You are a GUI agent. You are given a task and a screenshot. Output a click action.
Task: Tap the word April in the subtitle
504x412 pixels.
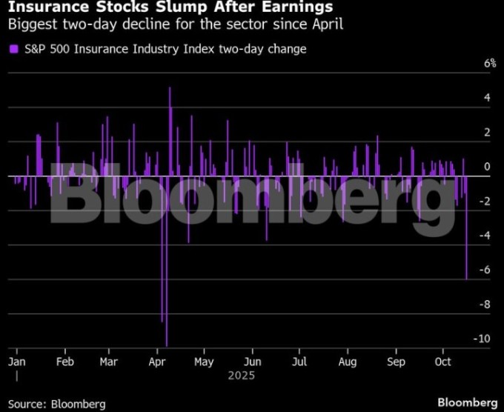click(x=326, y=24)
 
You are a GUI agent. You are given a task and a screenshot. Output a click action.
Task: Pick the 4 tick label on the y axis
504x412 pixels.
click(x=487, y=98)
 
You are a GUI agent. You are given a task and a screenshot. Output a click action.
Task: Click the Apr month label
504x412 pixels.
click(x=157, y=362)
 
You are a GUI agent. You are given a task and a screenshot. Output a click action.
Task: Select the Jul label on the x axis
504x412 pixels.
click(x=299, y=362)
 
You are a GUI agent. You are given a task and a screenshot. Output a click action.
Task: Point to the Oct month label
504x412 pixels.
click(x=442, y=362)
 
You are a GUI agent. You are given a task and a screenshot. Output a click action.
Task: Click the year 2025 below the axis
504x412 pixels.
click(x=242, y=376)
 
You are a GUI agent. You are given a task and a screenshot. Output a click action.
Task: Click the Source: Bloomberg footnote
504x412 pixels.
click(x=57, y=404)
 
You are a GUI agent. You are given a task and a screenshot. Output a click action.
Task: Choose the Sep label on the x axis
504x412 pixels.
click(x=397, y=362)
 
